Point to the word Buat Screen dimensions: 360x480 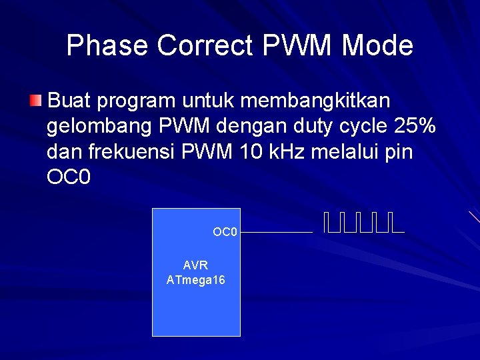pos(70,101)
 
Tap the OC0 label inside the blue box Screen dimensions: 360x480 pos(225,232)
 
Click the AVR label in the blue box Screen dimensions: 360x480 pos(195,265)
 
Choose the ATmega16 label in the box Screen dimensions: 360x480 pos(195,280)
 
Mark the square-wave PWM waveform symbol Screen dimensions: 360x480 pos(364,223)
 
